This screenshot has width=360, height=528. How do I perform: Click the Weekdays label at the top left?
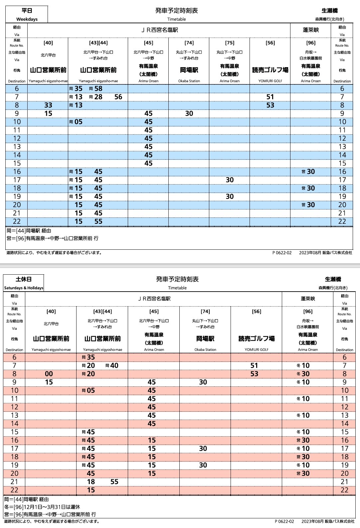point(27,19)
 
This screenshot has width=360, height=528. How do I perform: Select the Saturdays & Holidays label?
point(24,288)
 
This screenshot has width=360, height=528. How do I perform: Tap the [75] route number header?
point(230,43)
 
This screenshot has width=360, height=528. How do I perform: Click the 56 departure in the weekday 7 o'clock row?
point(118,97)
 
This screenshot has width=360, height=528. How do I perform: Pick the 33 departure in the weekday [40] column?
point(48,105)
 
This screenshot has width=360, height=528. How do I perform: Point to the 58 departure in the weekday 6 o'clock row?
point(98,89)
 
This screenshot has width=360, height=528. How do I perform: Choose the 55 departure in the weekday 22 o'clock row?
point(98,222)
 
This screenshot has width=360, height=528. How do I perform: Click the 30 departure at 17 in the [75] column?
point(230,180)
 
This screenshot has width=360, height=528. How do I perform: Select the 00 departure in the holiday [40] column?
point(49,374)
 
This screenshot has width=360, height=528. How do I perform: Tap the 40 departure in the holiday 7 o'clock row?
point(114,366)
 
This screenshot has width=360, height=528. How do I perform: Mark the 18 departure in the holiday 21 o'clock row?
point(91,482)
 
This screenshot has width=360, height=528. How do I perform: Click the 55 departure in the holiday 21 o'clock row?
point(114,482)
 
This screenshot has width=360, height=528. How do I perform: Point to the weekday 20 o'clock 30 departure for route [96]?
point(311,205)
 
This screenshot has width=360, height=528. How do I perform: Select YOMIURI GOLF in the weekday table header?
point(270,81)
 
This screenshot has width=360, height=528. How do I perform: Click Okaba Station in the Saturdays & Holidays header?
point(205,350)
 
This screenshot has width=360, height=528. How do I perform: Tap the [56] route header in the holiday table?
point(257,312)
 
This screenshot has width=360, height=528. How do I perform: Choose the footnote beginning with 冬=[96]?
point(42,507)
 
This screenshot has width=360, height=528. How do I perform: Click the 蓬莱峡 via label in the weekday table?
point(311,30)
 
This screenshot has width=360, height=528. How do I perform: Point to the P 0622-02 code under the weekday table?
point(282,253)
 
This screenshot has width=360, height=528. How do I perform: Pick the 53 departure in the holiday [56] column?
point(254,374)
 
